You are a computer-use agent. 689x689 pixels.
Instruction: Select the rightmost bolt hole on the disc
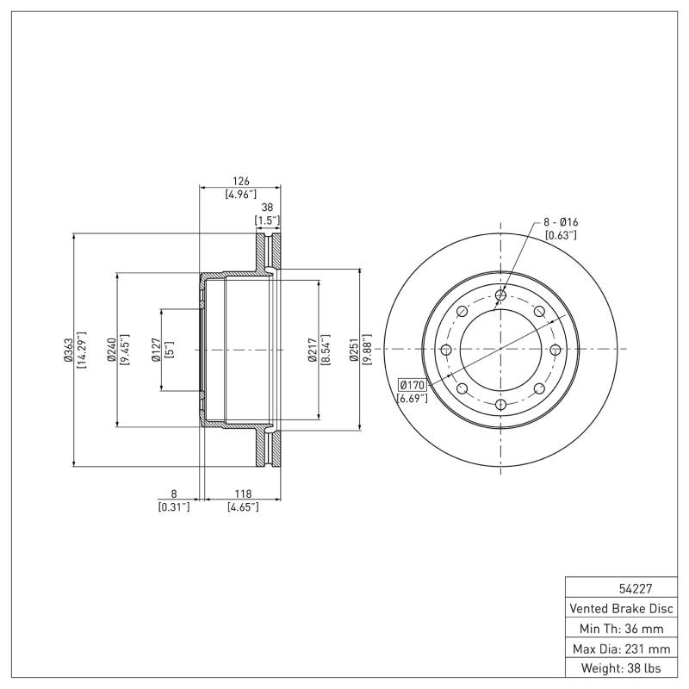point(555,349)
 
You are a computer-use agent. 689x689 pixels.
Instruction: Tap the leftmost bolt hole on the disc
point(446,349)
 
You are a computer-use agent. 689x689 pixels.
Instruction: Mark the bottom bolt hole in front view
point(500,403)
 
